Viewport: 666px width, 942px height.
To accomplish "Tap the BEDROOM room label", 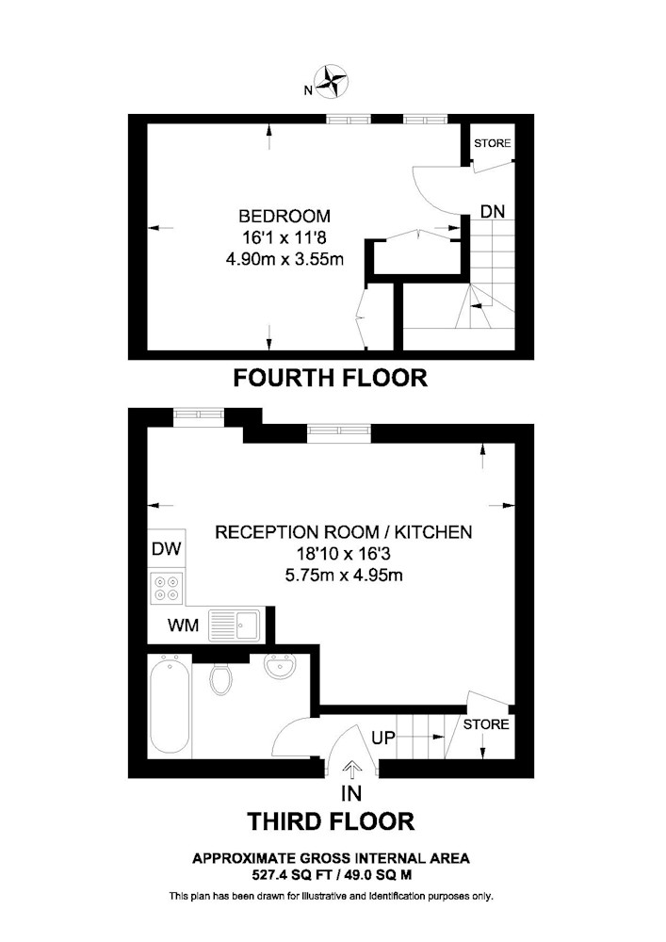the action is [284, 216].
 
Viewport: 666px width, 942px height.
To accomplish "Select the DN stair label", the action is [493, 211].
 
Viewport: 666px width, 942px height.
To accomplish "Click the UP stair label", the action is [383, 738].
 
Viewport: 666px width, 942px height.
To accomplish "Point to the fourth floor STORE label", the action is [493, 143].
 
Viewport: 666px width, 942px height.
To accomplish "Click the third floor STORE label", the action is [486, 724].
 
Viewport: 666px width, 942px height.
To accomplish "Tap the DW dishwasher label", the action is [167, 548].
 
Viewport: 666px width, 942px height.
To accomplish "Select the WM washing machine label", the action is [183, 625].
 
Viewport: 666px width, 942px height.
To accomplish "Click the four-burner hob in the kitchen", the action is [167, 588].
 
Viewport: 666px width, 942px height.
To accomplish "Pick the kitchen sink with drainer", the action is [235, 625].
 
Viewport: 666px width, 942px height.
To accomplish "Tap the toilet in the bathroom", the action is [220, 677].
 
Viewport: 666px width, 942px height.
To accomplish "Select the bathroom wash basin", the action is [279, 666].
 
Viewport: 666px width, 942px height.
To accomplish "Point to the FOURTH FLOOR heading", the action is [331, 378].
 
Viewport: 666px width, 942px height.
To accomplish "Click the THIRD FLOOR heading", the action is [331, 821].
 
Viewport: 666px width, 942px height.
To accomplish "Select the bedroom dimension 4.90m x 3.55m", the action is [284, 259].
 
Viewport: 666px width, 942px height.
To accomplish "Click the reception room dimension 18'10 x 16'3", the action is [344, 553].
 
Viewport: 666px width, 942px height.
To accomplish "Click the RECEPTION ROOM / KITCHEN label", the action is [344, 531].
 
